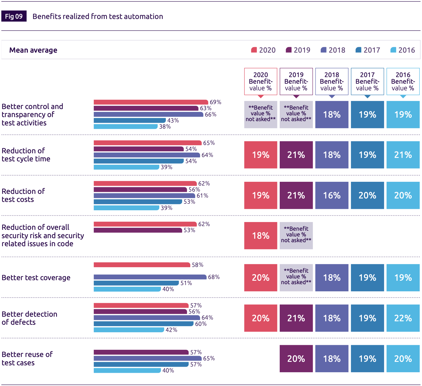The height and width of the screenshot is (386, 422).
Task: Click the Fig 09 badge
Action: tap(14, 16)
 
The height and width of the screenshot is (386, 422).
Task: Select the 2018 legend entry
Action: tap(333, 50)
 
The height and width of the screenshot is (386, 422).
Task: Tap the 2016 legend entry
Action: tap(403, 50)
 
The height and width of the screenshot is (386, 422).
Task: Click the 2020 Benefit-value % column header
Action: tap(260, 81)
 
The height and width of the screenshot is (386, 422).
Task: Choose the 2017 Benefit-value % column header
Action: tap(367, 81)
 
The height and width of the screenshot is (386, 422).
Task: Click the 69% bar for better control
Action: tap(151, 102)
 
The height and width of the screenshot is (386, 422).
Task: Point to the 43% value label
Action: tap(173, 121)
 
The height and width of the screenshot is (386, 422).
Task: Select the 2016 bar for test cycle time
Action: tap(126, 167)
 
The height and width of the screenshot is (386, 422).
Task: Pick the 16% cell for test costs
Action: tap(332, 195)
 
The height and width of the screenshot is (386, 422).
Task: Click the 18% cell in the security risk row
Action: tap(260, 236)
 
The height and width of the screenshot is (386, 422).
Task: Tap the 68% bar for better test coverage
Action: tap(150, 277)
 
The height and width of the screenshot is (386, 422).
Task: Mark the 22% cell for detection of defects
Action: tap(403, 318)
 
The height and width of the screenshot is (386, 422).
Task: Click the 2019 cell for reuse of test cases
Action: tap(296, 359)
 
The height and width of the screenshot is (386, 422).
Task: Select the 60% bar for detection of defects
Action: tap(143, 324)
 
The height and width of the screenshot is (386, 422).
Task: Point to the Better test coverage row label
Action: tap(36, 278)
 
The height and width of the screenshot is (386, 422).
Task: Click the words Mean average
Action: tap(33, 50)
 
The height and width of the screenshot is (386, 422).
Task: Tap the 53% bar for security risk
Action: tap(138, 230)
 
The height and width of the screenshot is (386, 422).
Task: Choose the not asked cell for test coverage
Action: tap(296, 278)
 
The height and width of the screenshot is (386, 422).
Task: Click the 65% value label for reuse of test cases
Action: tap(209, 358)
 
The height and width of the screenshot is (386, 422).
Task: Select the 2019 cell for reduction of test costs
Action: tap(296, 195)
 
